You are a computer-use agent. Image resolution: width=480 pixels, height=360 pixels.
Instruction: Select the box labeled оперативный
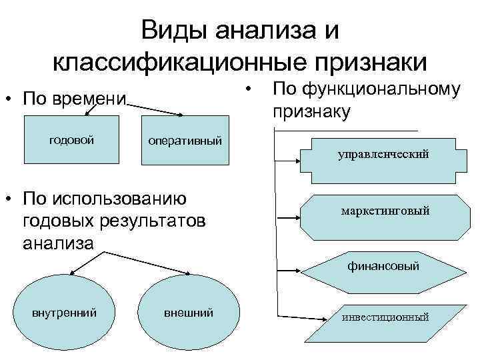click(x=185, y=142)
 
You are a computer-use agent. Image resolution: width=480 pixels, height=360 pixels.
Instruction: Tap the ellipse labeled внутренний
click(x=65, y=312)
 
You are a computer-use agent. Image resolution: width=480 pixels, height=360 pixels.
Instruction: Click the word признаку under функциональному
click(x=311, y=111)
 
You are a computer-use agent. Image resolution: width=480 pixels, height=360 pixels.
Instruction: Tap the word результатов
click(x=149, y=221)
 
